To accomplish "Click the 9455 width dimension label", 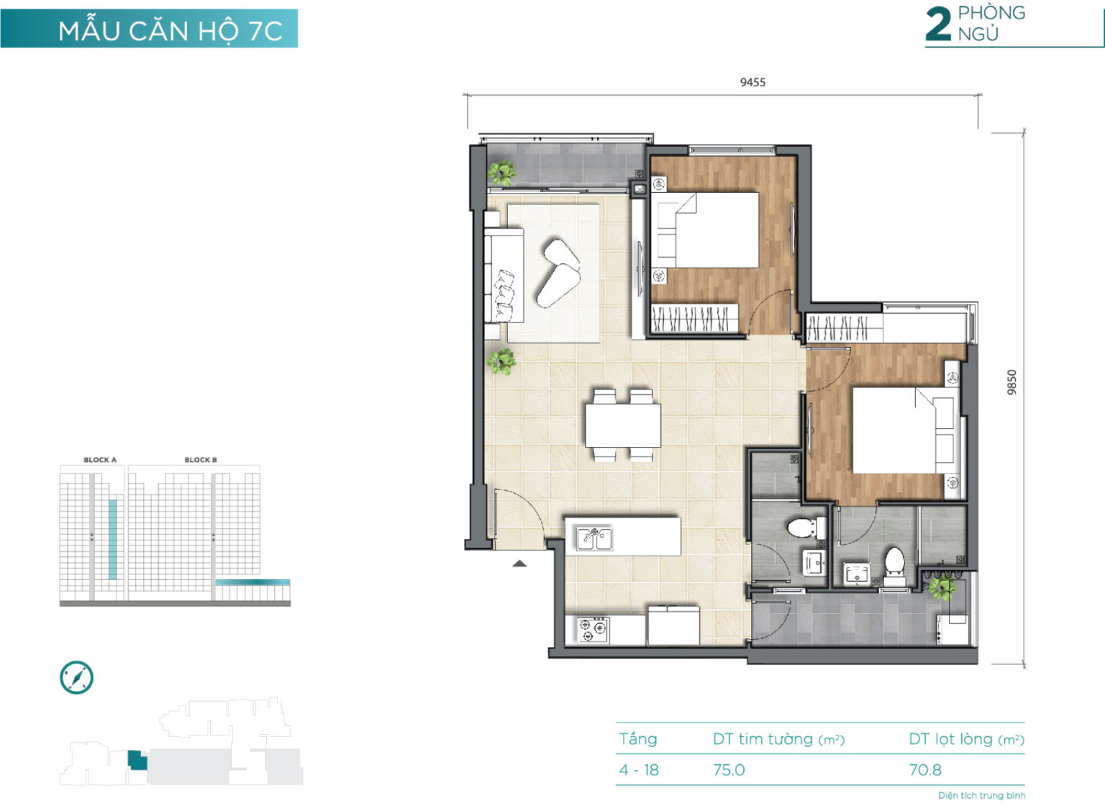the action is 752,82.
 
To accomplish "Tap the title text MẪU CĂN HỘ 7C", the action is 170,31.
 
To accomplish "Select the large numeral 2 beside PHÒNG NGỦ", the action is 938,24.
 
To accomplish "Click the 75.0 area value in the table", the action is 729,769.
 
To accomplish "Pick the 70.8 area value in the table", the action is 925,769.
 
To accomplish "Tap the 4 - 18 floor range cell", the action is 639,769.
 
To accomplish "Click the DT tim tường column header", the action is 778,739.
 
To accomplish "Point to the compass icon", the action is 76,678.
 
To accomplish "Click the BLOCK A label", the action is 100,460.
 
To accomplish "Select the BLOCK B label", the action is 201,460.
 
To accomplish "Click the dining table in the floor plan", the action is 623,425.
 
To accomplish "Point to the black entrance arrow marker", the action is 519,563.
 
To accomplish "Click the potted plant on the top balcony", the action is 501,173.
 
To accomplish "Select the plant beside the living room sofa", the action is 501,361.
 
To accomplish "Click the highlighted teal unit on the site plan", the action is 137,760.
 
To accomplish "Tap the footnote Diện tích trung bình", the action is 982,795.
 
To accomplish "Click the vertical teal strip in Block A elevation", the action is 113,540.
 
